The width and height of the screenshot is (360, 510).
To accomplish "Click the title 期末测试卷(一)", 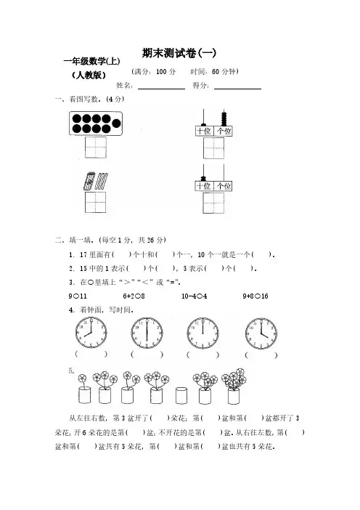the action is pos(179,53).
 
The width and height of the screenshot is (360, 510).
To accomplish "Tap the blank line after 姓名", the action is pos(161,89).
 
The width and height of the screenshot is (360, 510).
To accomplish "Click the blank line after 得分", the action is pos(237,89).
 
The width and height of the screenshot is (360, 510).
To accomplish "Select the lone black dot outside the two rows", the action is pos(116,124).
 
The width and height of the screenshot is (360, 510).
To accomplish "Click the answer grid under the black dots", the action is pos(96,147).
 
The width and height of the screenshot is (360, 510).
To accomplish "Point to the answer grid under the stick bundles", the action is pos(96,202).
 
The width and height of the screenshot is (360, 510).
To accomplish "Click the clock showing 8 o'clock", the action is pos(91,333).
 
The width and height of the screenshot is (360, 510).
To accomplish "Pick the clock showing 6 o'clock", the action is pos(147,333).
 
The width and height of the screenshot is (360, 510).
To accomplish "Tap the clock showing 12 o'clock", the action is pos(202,333).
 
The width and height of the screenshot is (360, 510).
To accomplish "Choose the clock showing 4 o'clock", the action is pos(261,333).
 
